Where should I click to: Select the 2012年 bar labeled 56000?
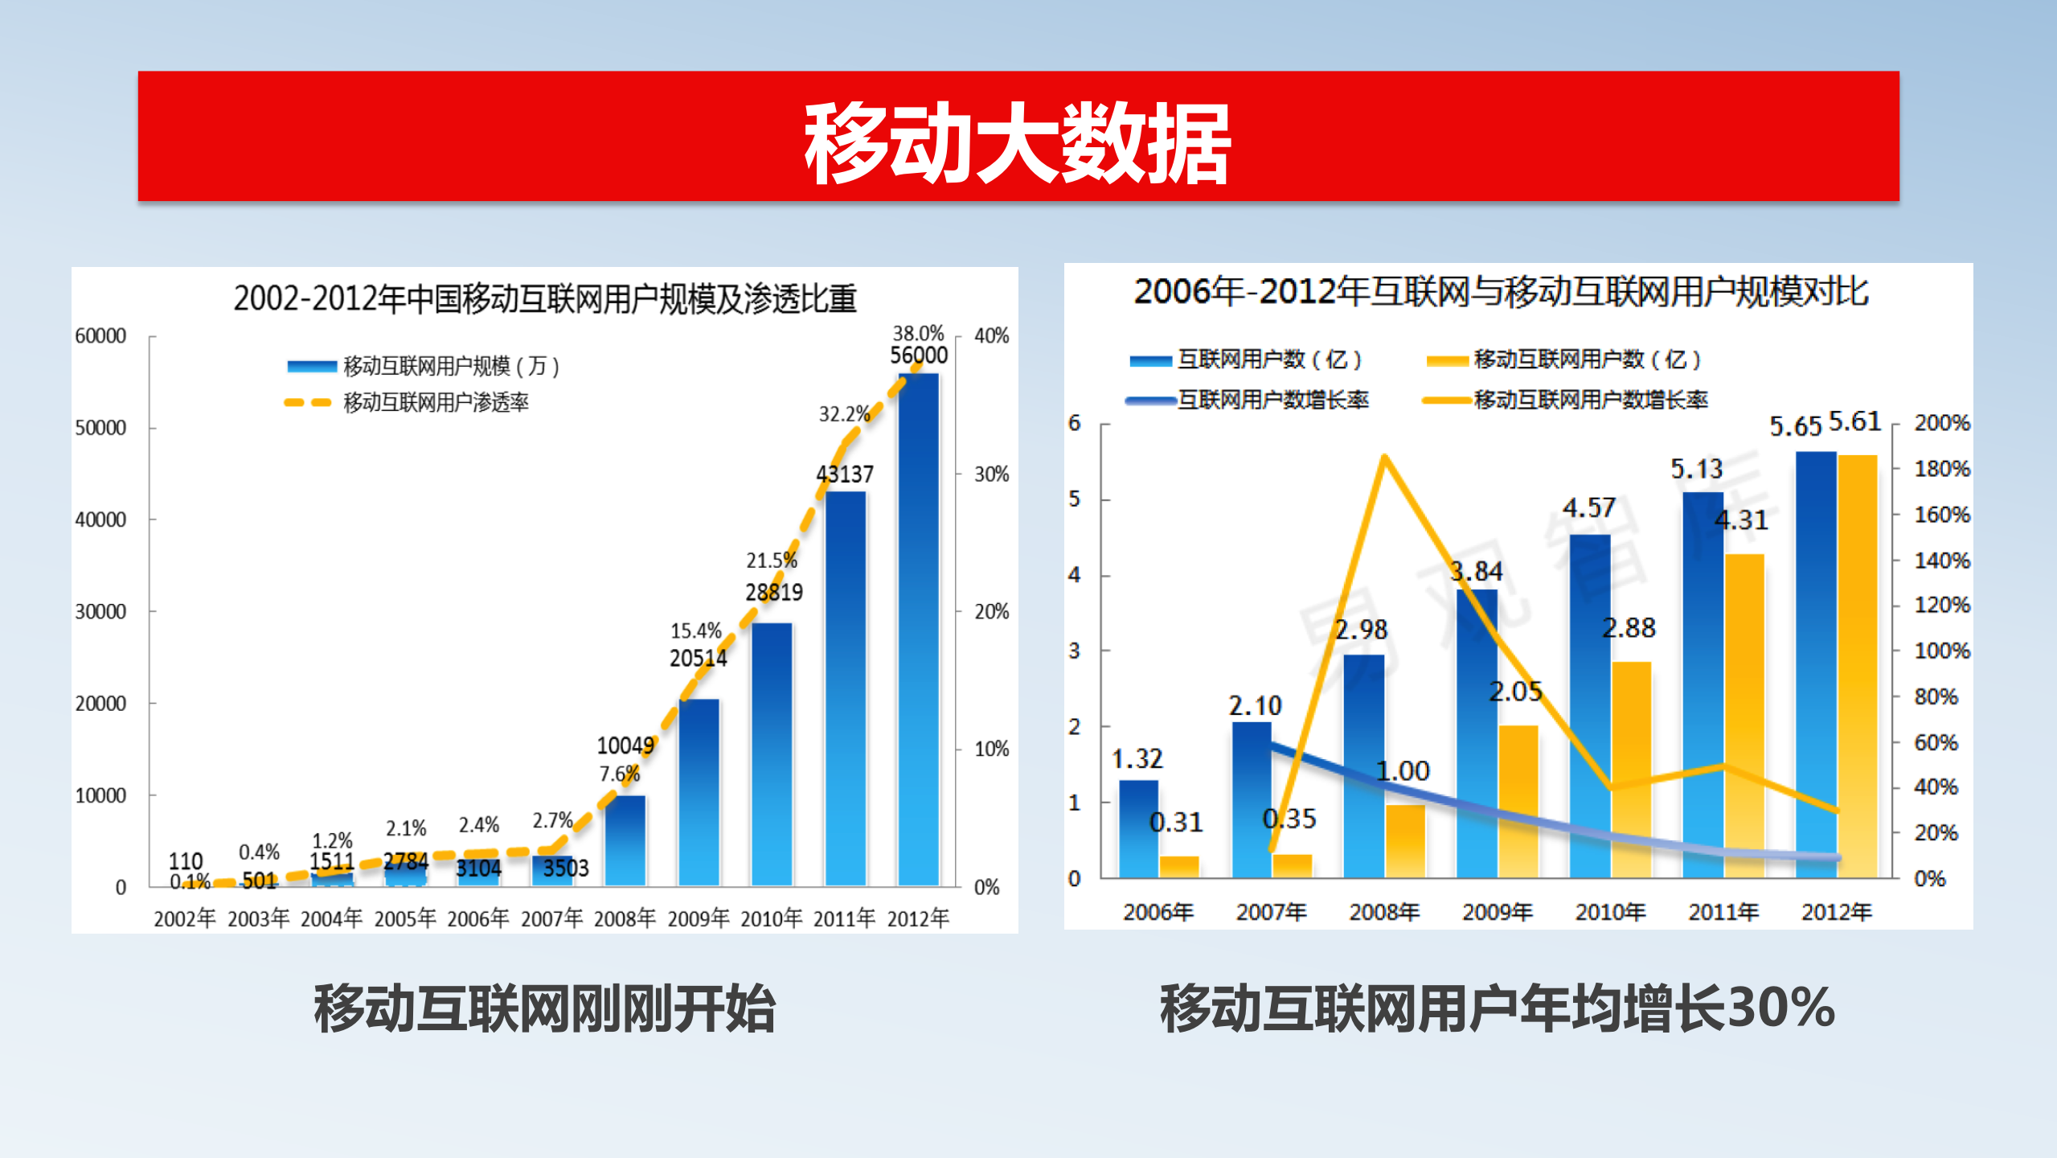(918, 627)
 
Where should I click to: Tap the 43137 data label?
(844, 474)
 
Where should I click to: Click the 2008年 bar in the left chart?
(625, 840)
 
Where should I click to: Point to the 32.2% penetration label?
(844, 414)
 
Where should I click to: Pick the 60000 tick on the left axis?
(100, 336)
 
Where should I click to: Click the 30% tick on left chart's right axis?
(991, 474)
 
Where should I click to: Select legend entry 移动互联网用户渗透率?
(435, 402)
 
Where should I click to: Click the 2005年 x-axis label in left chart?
(405, 918)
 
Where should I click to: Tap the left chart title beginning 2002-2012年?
(545, 298)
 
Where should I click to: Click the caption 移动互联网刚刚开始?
(545, 1009)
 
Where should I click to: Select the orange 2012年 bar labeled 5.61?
(1858, 667)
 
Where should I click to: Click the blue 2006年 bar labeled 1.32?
(1138, 828)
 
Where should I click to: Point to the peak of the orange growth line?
(1384, 458)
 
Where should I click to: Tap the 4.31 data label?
(1741, 520)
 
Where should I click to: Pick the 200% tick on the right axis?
(1941, 423)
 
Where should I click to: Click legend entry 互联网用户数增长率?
(1272, 400)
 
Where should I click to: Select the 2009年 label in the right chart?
(1497, 912)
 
